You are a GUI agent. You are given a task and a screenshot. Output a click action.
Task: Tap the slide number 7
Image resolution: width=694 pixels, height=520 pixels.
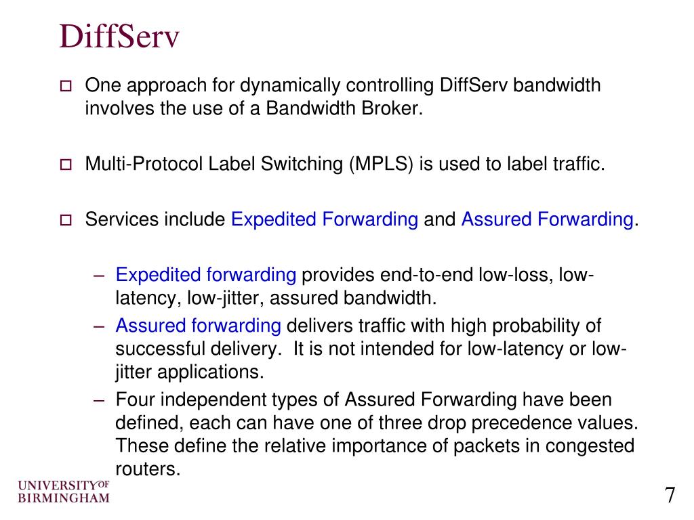(670, 495)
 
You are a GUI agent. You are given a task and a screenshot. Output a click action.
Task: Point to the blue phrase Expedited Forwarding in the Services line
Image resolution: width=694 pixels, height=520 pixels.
(325, 219)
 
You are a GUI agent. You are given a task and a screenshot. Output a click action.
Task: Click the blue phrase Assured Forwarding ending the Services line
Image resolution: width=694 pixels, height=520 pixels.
(548, 219)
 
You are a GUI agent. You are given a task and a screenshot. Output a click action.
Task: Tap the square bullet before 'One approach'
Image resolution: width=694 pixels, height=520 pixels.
(66, 87)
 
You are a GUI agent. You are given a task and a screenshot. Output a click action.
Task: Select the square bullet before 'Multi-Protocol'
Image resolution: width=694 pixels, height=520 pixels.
(66, 165)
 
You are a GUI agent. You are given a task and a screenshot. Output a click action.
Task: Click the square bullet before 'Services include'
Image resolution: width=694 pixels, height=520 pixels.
(66, 219)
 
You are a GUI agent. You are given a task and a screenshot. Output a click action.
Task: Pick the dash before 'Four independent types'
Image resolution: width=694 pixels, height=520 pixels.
(100, 399)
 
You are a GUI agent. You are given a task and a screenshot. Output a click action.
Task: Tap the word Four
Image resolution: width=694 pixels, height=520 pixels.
(135, 399)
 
